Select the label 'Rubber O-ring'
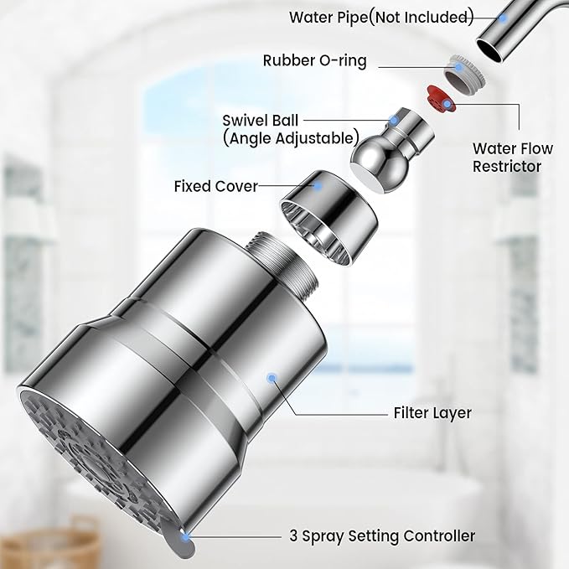(x=314, y=60)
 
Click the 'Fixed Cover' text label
(x=215, y=185)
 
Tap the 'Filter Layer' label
(x=432, y=412)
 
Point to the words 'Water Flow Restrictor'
(x=512, y=158)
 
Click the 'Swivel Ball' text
(x=260, y=121)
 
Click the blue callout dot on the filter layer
(x=270, y=379)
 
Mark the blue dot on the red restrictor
(x=447, y=103)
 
